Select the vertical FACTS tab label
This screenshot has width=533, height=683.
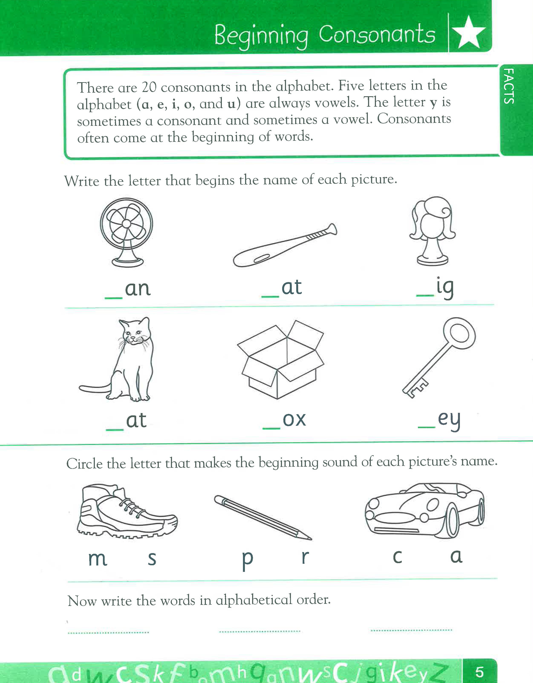(x=509, y=86)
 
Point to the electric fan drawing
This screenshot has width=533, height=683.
(x=126, y=232)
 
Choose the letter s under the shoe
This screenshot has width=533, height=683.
(x=152, y=558)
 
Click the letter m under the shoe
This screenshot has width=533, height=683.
(x=98, y=558)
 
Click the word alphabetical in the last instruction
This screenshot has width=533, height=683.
(x=254, y=600)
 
